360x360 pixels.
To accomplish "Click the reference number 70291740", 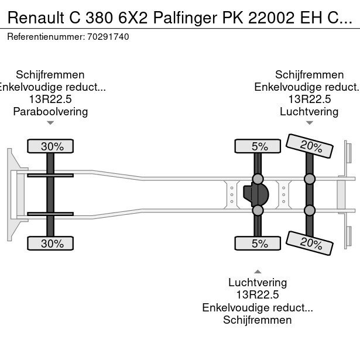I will pos(109,36).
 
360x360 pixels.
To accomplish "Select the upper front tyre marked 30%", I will pos(51,146).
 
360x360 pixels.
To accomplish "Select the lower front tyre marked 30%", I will pos(51,244).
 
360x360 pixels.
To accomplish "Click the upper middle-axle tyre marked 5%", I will pos(258,146).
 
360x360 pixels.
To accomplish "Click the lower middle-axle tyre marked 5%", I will pos(258,244).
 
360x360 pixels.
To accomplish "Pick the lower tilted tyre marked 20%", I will pos(305,242).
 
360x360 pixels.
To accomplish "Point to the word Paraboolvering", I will pos(50,111).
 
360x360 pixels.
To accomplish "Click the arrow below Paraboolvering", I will pos(50,123).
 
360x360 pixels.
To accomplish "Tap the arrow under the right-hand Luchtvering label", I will pos(309,123).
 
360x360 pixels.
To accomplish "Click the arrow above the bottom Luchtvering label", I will pos(258,271).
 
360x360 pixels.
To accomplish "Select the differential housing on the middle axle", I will pos(256,194).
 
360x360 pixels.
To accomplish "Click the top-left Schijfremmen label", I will pos(50,74).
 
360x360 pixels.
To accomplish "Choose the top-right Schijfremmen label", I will pos(309,74).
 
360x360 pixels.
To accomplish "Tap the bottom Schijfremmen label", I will pos(258,320).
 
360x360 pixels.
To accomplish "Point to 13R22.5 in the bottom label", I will pos(258,295).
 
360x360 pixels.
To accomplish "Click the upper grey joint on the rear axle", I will pos(309,179).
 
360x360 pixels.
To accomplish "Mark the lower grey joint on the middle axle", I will pos(258,210).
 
